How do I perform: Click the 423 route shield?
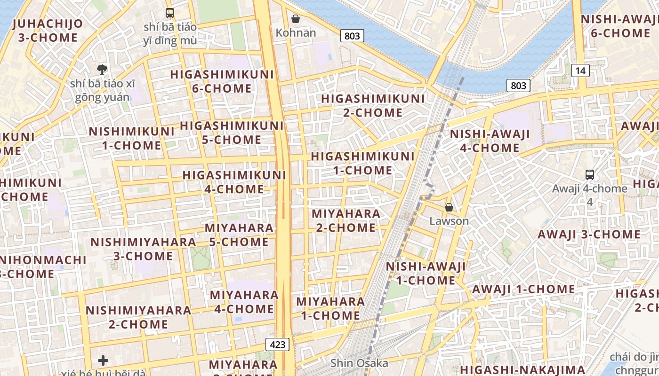click(x=278, y=344)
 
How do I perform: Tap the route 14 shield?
click(x=580, y=70)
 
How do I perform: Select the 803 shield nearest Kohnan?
click(x=352, y=36)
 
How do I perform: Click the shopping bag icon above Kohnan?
click(x=296, y=19)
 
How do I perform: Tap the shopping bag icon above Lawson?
click(x=449, y=207)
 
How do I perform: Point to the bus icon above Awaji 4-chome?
click(x=589, y=175)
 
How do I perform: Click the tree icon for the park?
click(x=102, y=70)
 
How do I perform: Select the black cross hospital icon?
click(x=103, y=360)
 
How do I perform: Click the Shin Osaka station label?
click(x=359, y=363)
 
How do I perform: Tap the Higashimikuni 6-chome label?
click(x=222, y=81)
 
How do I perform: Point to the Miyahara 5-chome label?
click(x=239, y=235)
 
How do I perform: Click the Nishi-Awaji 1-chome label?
click(x=426, y=274)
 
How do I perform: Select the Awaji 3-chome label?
click(x=589, y=234)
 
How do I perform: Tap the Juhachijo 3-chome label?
click(x=48, y=31)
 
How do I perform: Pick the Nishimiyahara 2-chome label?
click(x=138, y=317)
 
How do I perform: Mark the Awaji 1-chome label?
click(x=523, y=289)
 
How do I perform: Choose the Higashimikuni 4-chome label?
click(x=234, y=182)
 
